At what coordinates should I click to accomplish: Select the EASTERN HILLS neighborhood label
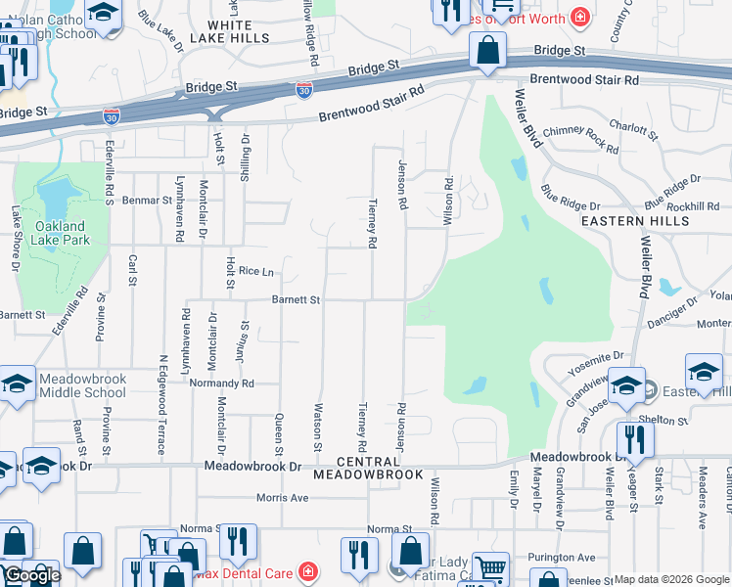point(635,221)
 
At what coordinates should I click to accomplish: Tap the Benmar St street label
point(147,200)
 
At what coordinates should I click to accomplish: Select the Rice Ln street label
point(255,271)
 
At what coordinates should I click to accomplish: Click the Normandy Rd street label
point(221,384)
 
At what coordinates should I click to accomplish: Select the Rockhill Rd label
point(693,206)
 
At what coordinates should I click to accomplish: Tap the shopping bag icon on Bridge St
point(486,49)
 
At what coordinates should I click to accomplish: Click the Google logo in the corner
point(32,575)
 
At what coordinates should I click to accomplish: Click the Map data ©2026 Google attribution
point(671,579)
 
